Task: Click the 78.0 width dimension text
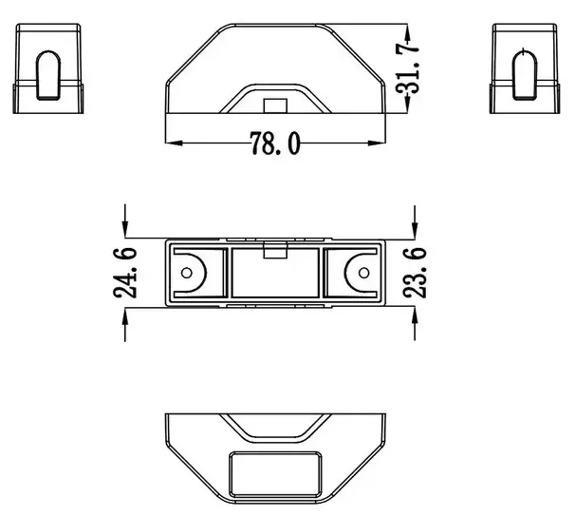tap(275, 143)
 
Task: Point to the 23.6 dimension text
tap(417, 273)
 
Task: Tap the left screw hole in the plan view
tap(187, 273)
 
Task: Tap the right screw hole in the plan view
tap(362, 273)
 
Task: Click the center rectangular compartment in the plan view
tap(274, 276)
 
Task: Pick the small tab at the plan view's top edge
tap(274, 252)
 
